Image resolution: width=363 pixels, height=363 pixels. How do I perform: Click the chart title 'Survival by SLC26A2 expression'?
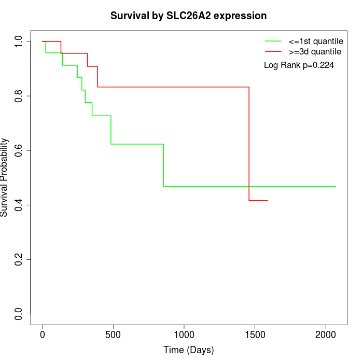pyautogui.click(x=188, y=16)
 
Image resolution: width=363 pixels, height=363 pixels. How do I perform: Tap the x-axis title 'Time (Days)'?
pyautogui.click(x=188, y=350)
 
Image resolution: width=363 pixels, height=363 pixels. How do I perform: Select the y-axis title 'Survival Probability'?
pyautogui.click(x=5, y=177)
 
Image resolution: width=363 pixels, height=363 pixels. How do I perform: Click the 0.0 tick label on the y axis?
pyautogui.click(x=19, y=314)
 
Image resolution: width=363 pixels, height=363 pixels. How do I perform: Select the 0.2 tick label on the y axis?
pyautogui.click(x=19, y=259)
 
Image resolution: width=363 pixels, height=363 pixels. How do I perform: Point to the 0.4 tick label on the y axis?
pyautogui.click(x=19, y=205)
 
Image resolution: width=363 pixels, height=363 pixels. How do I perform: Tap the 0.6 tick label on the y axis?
pyautogui.click(x=19, y=150)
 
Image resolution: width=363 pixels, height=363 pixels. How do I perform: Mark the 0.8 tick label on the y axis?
pyautogui.click(x=19, y=96)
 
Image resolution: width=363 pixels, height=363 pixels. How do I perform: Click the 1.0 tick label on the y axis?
pyautogui.click(x=19, y=41)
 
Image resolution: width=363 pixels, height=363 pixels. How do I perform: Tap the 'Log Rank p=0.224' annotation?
pyautogui.click(x=299, y=65)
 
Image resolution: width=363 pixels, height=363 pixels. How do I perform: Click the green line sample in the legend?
pyautogui.click(x=273, y=41)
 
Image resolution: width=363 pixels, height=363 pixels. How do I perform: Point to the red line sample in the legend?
pyautogui.click(x=273, y=52)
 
